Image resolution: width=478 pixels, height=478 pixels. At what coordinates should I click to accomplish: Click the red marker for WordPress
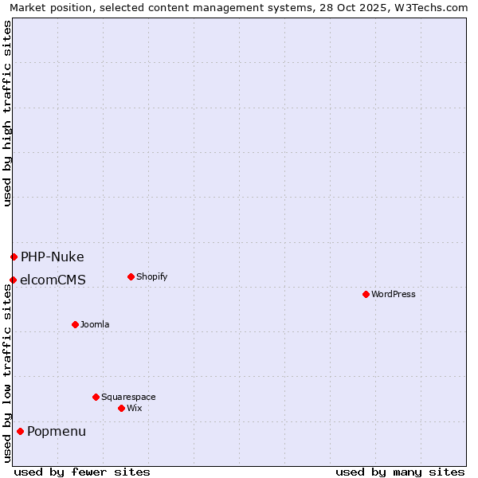click(x=366, y=294)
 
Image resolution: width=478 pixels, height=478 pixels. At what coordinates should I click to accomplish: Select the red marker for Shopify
click(x=131, y=276)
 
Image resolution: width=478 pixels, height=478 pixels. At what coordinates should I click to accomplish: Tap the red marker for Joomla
click(x=75, y=324)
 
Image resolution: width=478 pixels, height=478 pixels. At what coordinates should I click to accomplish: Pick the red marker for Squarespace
click(x=96, y=397)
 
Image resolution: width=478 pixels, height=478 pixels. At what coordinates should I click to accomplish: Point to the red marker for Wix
click(x=121, y=408)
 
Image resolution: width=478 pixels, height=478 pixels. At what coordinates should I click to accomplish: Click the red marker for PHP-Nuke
click(x=14, y=257)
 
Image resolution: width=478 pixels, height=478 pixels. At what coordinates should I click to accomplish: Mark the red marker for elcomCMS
click(x=13, y=280)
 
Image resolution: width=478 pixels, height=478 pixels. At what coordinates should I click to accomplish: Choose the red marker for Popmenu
click(x=20, y=431)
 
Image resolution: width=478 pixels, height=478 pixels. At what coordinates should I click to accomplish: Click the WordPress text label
click(x=394, y=294)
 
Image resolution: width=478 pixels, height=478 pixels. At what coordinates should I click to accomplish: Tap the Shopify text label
click(x=151, y=276)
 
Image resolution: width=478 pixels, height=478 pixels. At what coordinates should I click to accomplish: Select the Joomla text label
click(x=95, y=324)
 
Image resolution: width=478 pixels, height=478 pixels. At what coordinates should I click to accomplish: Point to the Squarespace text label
click(x=128, y=397)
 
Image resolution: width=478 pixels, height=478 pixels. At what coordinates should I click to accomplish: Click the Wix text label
click(x=134, y=408)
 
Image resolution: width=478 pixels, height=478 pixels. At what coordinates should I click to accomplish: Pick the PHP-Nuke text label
click(x=52, y=257)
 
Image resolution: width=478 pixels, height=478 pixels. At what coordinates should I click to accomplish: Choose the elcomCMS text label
click(x=53, y=280)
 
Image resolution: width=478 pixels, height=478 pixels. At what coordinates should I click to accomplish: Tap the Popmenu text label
click(x=57, y=431)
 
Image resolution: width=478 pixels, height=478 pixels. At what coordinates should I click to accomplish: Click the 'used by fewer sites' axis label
click(x=82, y=472)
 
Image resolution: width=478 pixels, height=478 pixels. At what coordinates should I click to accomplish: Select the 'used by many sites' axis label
click(x=400, y=472)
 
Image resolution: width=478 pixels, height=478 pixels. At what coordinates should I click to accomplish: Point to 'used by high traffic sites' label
click(x=7, y=113)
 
